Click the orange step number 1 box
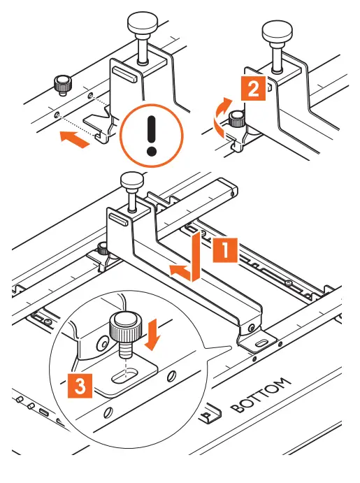click(x=225, y=250)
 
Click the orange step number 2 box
click(x=253, y=88)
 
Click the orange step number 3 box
click(x=80, y=385)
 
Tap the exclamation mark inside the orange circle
click(x=151, y=135)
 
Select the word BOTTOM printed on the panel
click(x=260, y=394)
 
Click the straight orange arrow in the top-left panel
click(x=75, y=139)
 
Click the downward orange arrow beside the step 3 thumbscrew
click(x=152, y=334)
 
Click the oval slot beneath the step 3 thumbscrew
click(x=124, y=375)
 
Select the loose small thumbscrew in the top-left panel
click(x=63, y=85)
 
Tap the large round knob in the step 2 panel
click(x=277, y=46)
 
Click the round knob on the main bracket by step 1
click(x=132, y=192)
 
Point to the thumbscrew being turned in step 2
click(x=237, y=119)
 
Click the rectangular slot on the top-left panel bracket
click(x=125, y=74)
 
